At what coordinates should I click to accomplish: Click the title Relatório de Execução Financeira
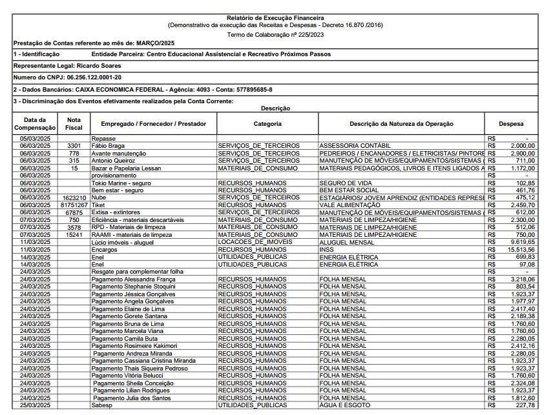(x=276, y=17)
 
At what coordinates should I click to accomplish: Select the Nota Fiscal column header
(x=74, y=123)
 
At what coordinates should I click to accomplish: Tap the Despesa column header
(x=511, y=123)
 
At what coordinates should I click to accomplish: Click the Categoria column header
(x=267, y=123)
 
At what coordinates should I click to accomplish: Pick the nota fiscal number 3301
(x=74, y=146)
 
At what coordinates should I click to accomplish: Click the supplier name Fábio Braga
(x=108, y=146)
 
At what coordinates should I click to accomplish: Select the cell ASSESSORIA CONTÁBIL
(x=355, y=146)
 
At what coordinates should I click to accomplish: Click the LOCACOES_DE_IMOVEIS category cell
(x=255, y=242)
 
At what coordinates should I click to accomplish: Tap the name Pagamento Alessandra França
(x=132, y=279)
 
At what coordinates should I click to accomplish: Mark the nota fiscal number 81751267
(x=74, y=205)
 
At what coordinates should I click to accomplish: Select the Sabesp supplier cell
(x=102, y=405)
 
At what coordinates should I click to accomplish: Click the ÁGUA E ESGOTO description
(x=345, y=405)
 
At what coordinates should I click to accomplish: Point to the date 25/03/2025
(x=35, y=405)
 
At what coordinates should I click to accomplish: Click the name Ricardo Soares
(x=98, y=65)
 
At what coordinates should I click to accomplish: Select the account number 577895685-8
(x=245, y=90)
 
